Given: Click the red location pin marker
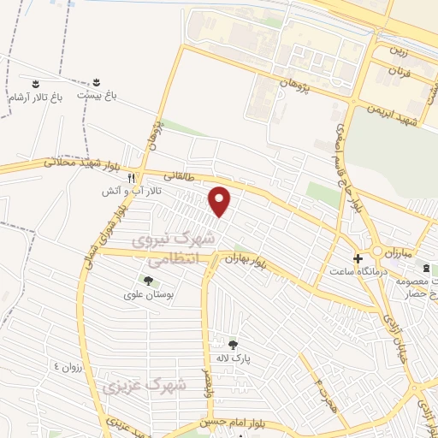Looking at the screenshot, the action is pyautogui.click(x=221, y=201).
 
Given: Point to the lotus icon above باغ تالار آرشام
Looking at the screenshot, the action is pyautogui.click(x=36, y=84).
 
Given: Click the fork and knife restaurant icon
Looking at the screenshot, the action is pyautogui.click(x=131, y=178).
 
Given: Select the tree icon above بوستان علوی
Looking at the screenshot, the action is pyautogui.click(x=148, y=280).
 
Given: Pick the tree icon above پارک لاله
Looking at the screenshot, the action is pyautogui.click(x=233, y=344).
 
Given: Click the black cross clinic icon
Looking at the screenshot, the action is pyautogui.click(x=358, y=257).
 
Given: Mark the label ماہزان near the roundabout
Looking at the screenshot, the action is pyautogui.click(x=399, y=254).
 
